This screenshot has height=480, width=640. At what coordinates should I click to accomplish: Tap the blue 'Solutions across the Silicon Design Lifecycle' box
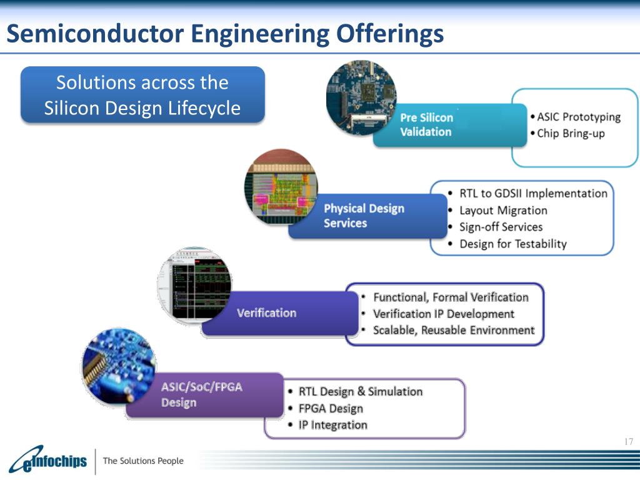pyautogui.click(x=142, y=95)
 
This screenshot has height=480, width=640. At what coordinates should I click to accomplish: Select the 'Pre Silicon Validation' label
pyautogui.click(x=426, y=124)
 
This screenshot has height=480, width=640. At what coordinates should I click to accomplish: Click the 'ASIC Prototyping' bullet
pyautogui.click(x=579, y=117)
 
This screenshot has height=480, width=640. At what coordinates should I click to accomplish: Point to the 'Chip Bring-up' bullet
pyautogui.click(x=571, y=133)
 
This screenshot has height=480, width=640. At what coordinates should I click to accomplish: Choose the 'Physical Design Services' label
pyautogui.click(x=364, y=216)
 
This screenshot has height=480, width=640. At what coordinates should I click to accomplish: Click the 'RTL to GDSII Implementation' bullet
pyautogui.click(x=533, y=194)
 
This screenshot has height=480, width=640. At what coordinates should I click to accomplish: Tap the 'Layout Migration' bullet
pyautogui.click(x=503, y=211)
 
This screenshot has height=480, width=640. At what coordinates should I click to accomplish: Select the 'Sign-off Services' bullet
pyautogui.click(x=501, y=227)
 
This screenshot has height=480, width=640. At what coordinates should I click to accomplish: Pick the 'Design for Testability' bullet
pyautogui.click(x=512, y=244)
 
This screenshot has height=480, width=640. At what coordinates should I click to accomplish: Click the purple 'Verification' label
pyautogui.click(x=266, y=312)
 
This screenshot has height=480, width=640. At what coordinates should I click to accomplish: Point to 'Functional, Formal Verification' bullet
pyautogui.click(x=451, y=297)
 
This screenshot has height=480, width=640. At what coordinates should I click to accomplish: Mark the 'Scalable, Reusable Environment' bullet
pyautogui.click(x=454, y=330)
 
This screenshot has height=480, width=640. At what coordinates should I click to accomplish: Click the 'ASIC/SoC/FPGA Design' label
pyautogui.click(x=201, y=394)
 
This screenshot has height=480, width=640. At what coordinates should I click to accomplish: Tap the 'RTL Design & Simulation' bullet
pyautogui.click(x=361, y=392)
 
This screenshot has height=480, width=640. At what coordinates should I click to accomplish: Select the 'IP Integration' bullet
pyautogui.click(x=332, y=425)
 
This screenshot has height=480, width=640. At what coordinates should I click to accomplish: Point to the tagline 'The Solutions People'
pyautogui.click(x=143, y=461)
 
